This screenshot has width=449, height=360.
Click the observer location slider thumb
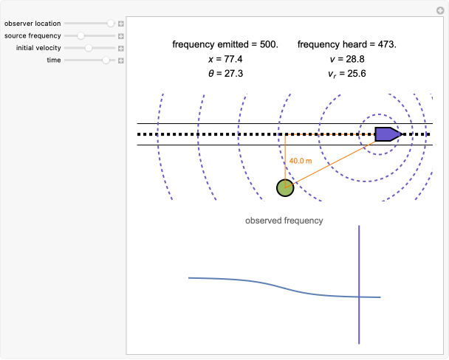click(111, 24)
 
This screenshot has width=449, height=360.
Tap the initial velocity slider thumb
click(89, 48)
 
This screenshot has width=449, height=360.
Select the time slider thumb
click(106, 60)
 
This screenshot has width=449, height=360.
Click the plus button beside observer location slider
click(121, 24)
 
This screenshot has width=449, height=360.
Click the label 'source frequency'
click(32, 35)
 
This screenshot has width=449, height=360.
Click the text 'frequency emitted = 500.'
click(225, 44)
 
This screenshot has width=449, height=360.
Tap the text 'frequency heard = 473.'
click(347, 44)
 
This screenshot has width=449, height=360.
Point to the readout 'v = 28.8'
click(347, 58)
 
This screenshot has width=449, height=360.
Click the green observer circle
click(285, 188)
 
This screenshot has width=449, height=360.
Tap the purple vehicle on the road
click(388, 134)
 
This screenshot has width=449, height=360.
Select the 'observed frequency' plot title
click(284, 221)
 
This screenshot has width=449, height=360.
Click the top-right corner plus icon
click(441, 9)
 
